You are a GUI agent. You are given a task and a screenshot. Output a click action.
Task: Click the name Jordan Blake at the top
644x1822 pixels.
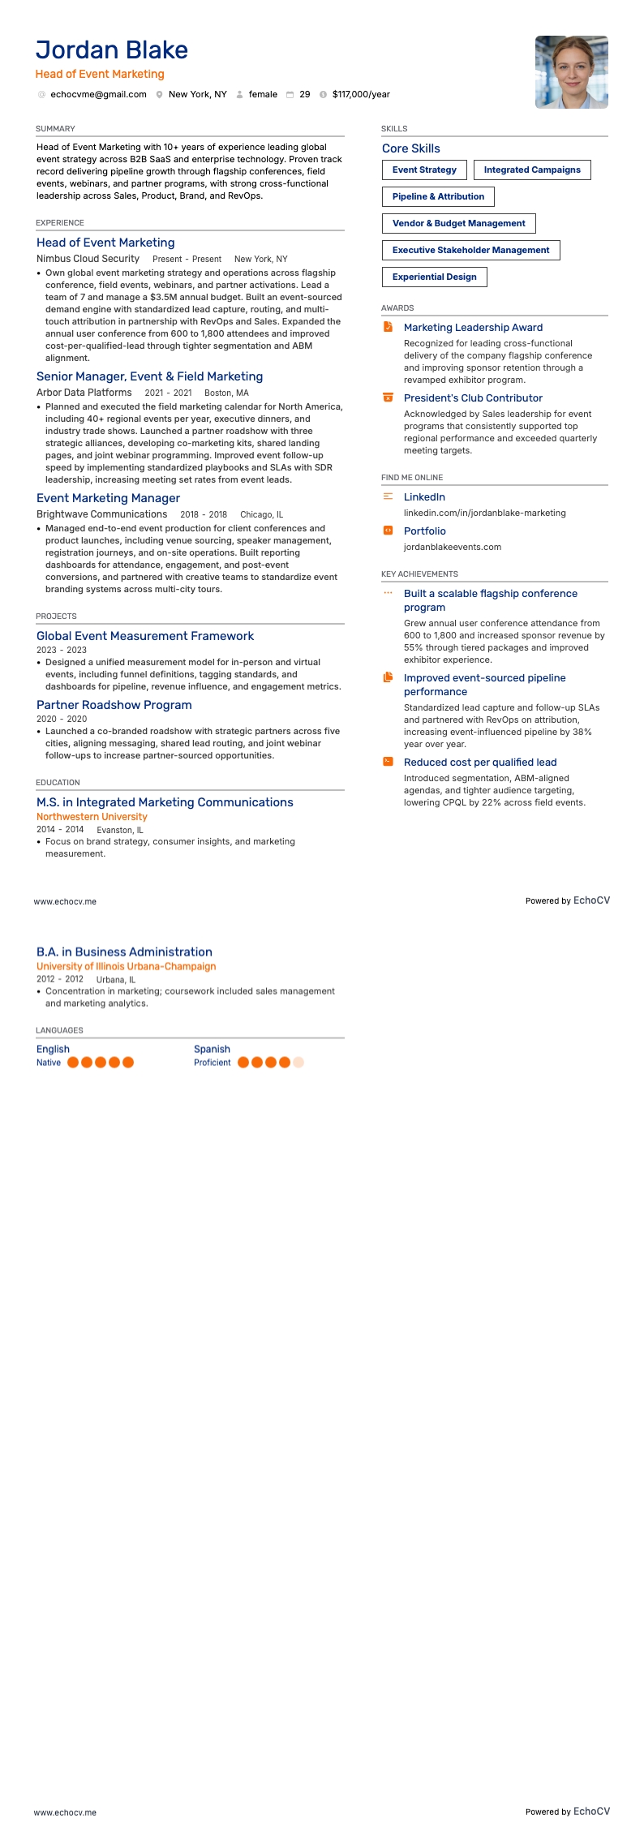click(112, 50)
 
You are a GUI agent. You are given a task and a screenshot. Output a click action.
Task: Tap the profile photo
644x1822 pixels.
click(571, 72)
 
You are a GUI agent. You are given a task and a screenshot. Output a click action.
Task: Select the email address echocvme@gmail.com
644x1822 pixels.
click(98, 95)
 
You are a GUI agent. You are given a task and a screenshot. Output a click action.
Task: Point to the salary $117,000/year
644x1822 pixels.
click(361, 95)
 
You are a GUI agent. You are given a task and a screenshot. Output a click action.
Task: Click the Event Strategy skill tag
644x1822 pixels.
click(424, 170)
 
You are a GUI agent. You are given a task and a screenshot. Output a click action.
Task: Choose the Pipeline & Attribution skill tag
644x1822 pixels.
click(438, 197)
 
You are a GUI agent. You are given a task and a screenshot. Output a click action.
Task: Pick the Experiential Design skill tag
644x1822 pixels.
click(434, 277)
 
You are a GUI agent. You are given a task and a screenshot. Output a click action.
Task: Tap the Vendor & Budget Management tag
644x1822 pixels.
click(458, 224)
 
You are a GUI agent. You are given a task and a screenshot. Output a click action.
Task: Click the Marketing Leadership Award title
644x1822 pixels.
click(473, 328)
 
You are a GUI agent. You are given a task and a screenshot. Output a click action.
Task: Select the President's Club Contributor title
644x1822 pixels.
click(473, 398)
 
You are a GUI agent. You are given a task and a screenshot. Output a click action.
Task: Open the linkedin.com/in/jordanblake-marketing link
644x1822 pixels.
click(484, 514)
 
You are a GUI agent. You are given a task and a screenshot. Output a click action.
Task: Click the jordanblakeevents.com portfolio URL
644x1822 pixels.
click(452, 548)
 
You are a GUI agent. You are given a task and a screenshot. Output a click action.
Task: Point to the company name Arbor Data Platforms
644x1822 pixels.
click(84, 393)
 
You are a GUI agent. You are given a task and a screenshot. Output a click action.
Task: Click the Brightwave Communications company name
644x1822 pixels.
click(101, 514)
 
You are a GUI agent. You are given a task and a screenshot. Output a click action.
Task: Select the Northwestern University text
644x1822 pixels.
click(92, 817)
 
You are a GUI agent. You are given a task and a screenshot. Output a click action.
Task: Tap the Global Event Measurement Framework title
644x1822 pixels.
click(145, 636)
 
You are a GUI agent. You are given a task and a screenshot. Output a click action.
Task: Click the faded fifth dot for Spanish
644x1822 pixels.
click(298, 1063)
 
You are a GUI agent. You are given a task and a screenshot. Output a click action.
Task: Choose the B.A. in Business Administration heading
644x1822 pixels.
click(124, 952)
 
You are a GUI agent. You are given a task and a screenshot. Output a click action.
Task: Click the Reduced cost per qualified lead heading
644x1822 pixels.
click(480, 763)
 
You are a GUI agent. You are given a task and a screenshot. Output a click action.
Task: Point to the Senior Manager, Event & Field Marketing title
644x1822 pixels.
click(149, 376)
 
